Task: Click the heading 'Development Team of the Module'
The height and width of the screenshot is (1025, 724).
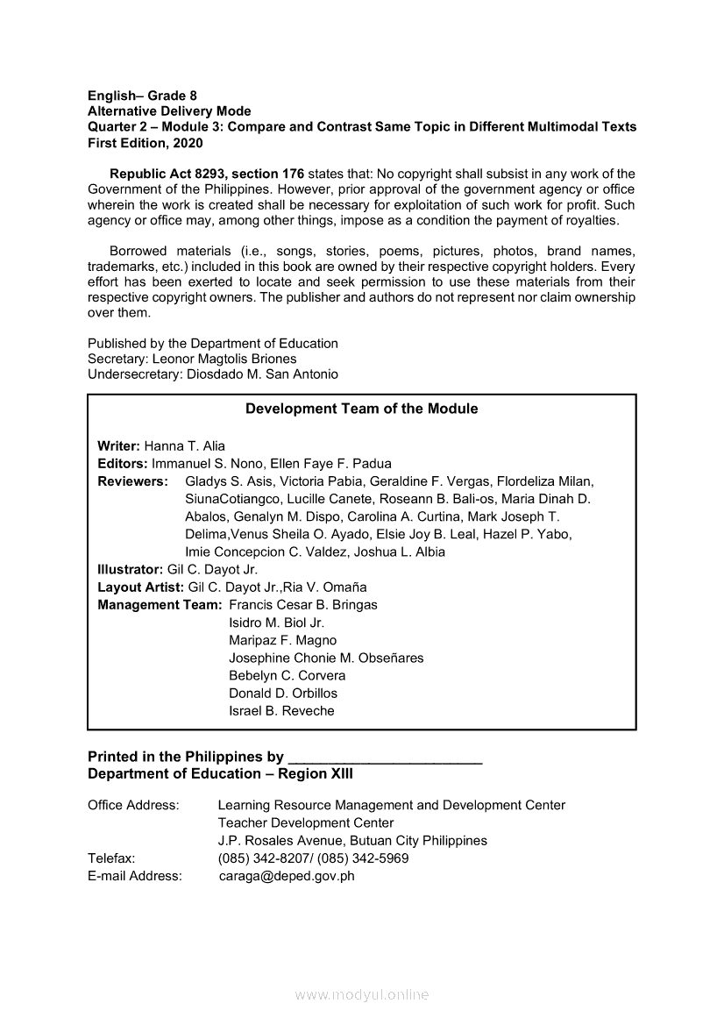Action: point(361,409)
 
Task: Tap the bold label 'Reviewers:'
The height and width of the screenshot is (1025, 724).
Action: point(132,481)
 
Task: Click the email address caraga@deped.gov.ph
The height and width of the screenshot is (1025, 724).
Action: point(287,876)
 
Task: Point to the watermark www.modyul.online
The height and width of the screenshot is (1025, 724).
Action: point(362,994)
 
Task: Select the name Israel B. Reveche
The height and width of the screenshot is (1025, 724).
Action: point(281,711)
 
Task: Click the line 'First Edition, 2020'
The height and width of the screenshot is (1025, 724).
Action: point(145,143)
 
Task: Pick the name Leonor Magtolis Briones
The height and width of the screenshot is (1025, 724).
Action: point(224,359)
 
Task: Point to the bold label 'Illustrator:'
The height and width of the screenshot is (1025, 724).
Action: point(131,569)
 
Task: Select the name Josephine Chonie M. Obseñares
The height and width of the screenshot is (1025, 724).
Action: point(326,658)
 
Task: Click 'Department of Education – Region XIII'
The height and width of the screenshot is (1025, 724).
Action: point(220,774)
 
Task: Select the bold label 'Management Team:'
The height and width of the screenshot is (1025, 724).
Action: point(160,605)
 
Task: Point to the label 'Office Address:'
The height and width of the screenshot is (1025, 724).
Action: point(133,805)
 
